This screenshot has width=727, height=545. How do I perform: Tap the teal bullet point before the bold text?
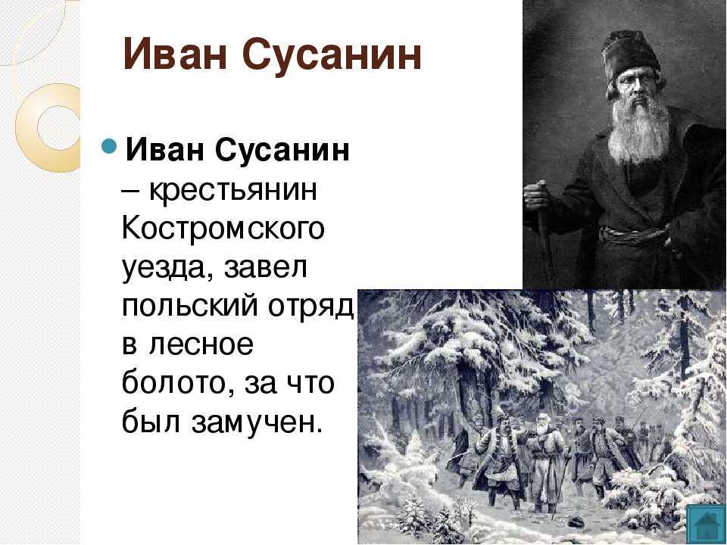(109, 146)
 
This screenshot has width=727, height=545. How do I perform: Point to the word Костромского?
(223, 228)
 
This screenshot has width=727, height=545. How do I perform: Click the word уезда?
(169, 269)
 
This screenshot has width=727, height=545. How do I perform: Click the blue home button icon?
(705, 524)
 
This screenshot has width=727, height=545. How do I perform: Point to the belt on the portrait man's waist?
(633, 233)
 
